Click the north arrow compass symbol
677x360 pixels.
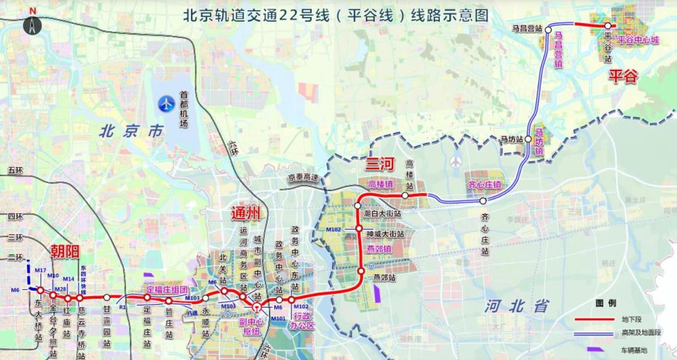[32, 24]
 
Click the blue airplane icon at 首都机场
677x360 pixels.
[167, 103]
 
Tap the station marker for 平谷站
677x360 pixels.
[608, 26]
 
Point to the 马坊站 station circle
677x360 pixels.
[528, 139]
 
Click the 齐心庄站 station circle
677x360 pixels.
[483, 201]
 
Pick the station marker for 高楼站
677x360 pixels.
[405, 195]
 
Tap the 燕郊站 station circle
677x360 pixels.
[361, 271]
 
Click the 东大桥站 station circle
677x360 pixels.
[40, 291]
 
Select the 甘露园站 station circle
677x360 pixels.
[107, 297]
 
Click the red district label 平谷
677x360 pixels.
[623, 76]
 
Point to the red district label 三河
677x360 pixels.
[380, 164]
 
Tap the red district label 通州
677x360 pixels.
[245, 213]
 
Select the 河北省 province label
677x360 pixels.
[516, 306]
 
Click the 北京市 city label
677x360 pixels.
[131, 131]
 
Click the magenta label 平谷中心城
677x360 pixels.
[638, 40]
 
